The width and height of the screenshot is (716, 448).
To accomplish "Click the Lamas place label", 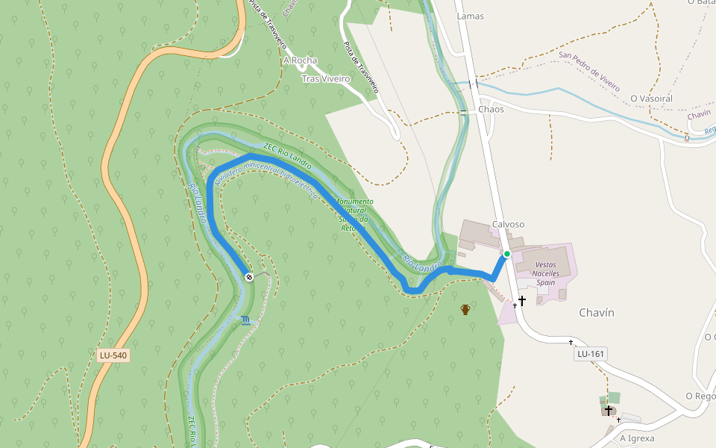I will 470,16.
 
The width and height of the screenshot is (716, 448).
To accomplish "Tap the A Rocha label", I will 300,60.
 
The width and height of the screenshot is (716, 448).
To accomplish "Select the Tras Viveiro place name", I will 326,78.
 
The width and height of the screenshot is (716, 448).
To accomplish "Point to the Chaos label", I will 491,109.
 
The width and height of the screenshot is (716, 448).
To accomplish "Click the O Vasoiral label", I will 651,99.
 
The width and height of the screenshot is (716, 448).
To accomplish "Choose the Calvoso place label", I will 508,224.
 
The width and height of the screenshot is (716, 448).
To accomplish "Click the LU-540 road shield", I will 113,355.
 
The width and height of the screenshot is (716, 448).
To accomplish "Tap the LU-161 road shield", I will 590,353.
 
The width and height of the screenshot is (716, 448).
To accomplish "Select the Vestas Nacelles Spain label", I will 547,273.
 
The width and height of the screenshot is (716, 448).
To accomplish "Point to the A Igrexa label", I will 637,438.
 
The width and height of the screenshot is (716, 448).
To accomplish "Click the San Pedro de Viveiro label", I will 589,71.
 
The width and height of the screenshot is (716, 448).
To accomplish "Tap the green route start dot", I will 506,255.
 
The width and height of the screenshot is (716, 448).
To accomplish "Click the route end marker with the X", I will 249,277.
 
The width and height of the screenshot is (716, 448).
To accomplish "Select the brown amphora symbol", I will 465,309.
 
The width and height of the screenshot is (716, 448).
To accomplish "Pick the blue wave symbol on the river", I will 245,321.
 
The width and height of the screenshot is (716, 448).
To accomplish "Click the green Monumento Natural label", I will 355,215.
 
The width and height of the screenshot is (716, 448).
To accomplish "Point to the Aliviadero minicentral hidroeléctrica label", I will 266,180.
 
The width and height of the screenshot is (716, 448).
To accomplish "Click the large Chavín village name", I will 597,313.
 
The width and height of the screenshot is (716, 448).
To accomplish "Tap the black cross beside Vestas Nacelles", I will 522,301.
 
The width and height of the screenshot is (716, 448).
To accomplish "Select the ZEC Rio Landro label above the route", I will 287,154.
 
